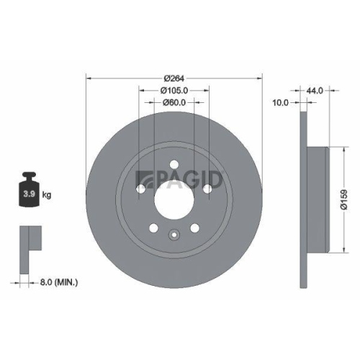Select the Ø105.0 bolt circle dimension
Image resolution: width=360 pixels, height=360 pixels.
[x=173, y=91]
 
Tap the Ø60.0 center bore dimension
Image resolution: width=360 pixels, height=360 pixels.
[x=173, y=103]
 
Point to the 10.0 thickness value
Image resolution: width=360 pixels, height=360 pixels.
[x=281, y=103]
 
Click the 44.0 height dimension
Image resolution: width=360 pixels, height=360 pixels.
[x=314, y=91]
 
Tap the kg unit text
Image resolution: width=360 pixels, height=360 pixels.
[x=46, y=194]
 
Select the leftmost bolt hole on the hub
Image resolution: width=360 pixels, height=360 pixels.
[x=140, y=189]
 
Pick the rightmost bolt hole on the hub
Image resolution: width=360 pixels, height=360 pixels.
[x=207, y=188]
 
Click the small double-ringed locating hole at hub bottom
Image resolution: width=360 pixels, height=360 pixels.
[x=173, y=233]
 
